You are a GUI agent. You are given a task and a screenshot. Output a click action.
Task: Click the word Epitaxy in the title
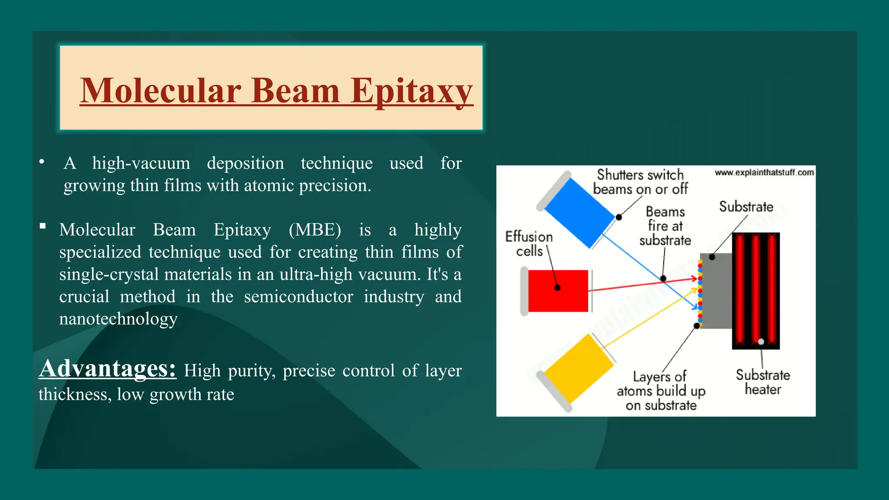point(412,91)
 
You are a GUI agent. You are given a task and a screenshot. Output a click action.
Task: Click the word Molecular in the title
point(161,91)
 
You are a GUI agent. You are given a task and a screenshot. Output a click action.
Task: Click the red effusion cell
point(558,291)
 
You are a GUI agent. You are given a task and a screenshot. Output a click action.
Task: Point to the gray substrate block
point(716,291)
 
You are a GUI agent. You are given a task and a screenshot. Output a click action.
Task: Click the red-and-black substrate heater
point(756,291)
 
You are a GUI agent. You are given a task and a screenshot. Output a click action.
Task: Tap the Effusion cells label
point(529,243)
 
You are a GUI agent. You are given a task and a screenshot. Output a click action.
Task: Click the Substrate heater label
point(763,382)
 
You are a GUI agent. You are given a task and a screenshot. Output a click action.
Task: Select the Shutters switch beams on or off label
point(640,182)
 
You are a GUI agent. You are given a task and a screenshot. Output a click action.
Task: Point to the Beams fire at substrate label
point(665,226)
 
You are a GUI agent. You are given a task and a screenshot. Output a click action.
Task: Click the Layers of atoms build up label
point(661,391)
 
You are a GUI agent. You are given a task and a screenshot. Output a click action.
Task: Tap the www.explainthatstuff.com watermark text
point(764,172)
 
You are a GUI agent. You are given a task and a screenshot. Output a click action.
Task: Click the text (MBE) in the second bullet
point(315,230)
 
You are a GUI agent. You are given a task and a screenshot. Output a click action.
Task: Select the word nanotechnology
point(119,319)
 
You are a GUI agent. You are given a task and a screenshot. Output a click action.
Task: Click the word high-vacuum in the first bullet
point(141,163)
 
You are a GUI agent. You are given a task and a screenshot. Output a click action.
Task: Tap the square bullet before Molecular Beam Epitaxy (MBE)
point(43,226)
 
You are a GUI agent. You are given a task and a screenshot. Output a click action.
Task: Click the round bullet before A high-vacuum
point(42,162)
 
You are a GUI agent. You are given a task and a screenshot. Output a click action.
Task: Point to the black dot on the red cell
point(557,287)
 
